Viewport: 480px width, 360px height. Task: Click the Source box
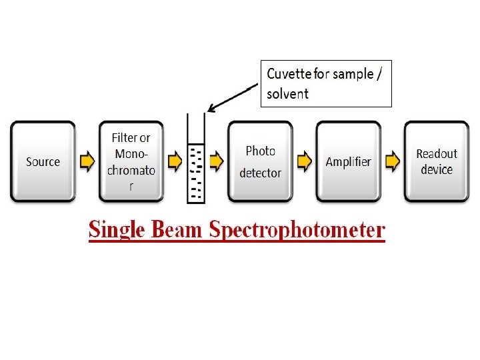coord(43,161)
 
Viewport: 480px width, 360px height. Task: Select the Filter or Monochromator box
coord(131,161)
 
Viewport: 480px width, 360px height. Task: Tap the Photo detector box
coord(260,161)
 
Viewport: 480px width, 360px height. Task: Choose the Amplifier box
coord(348,161)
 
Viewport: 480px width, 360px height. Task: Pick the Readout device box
coord(437,161)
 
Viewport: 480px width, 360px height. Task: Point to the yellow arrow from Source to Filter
coord(87,161)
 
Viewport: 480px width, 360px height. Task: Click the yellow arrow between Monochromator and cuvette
coord(175,161)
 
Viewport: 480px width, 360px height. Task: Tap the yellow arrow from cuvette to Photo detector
coord(217,161)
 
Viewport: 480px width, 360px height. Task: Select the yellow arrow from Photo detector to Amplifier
coord(305,161)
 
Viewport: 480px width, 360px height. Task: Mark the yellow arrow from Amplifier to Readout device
coord(393,161)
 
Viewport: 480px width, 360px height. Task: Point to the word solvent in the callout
coord(287,93)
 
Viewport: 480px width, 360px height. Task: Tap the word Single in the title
coord(117,230)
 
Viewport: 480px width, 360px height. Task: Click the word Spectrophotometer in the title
coord(297,230)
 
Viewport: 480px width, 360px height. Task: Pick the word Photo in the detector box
coord(260,151)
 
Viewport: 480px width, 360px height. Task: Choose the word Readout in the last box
coord(437,154)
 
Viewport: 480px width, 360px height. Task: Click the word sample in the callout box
coord(353,73)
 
